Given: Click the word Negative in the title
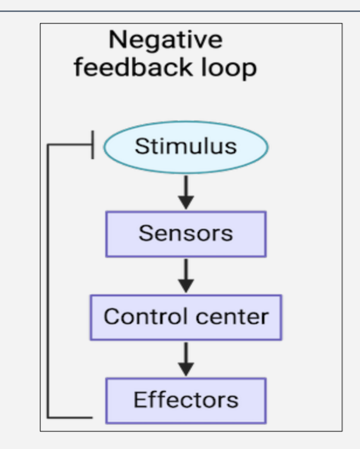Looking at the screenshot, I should (165, 40).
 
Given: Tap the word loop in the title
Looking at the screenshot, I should (226, 67).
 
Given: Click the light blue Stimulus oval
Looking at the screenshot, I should (185, 147).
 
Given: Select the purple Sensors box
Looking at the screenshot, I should (185, 234).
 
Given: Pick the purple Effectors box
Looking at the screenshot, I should (185, 400).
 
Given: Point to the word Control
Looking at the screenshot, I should (141, 317).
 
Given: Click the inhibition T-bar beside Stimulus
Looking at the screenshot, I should (92, 146).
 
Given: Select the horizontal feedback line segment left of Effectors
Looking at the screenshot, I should (69, 416).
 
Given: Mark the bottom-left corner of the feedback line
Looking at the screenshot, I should (48, 416).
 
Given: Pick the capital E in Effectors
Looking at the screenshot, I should (139, 400).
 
